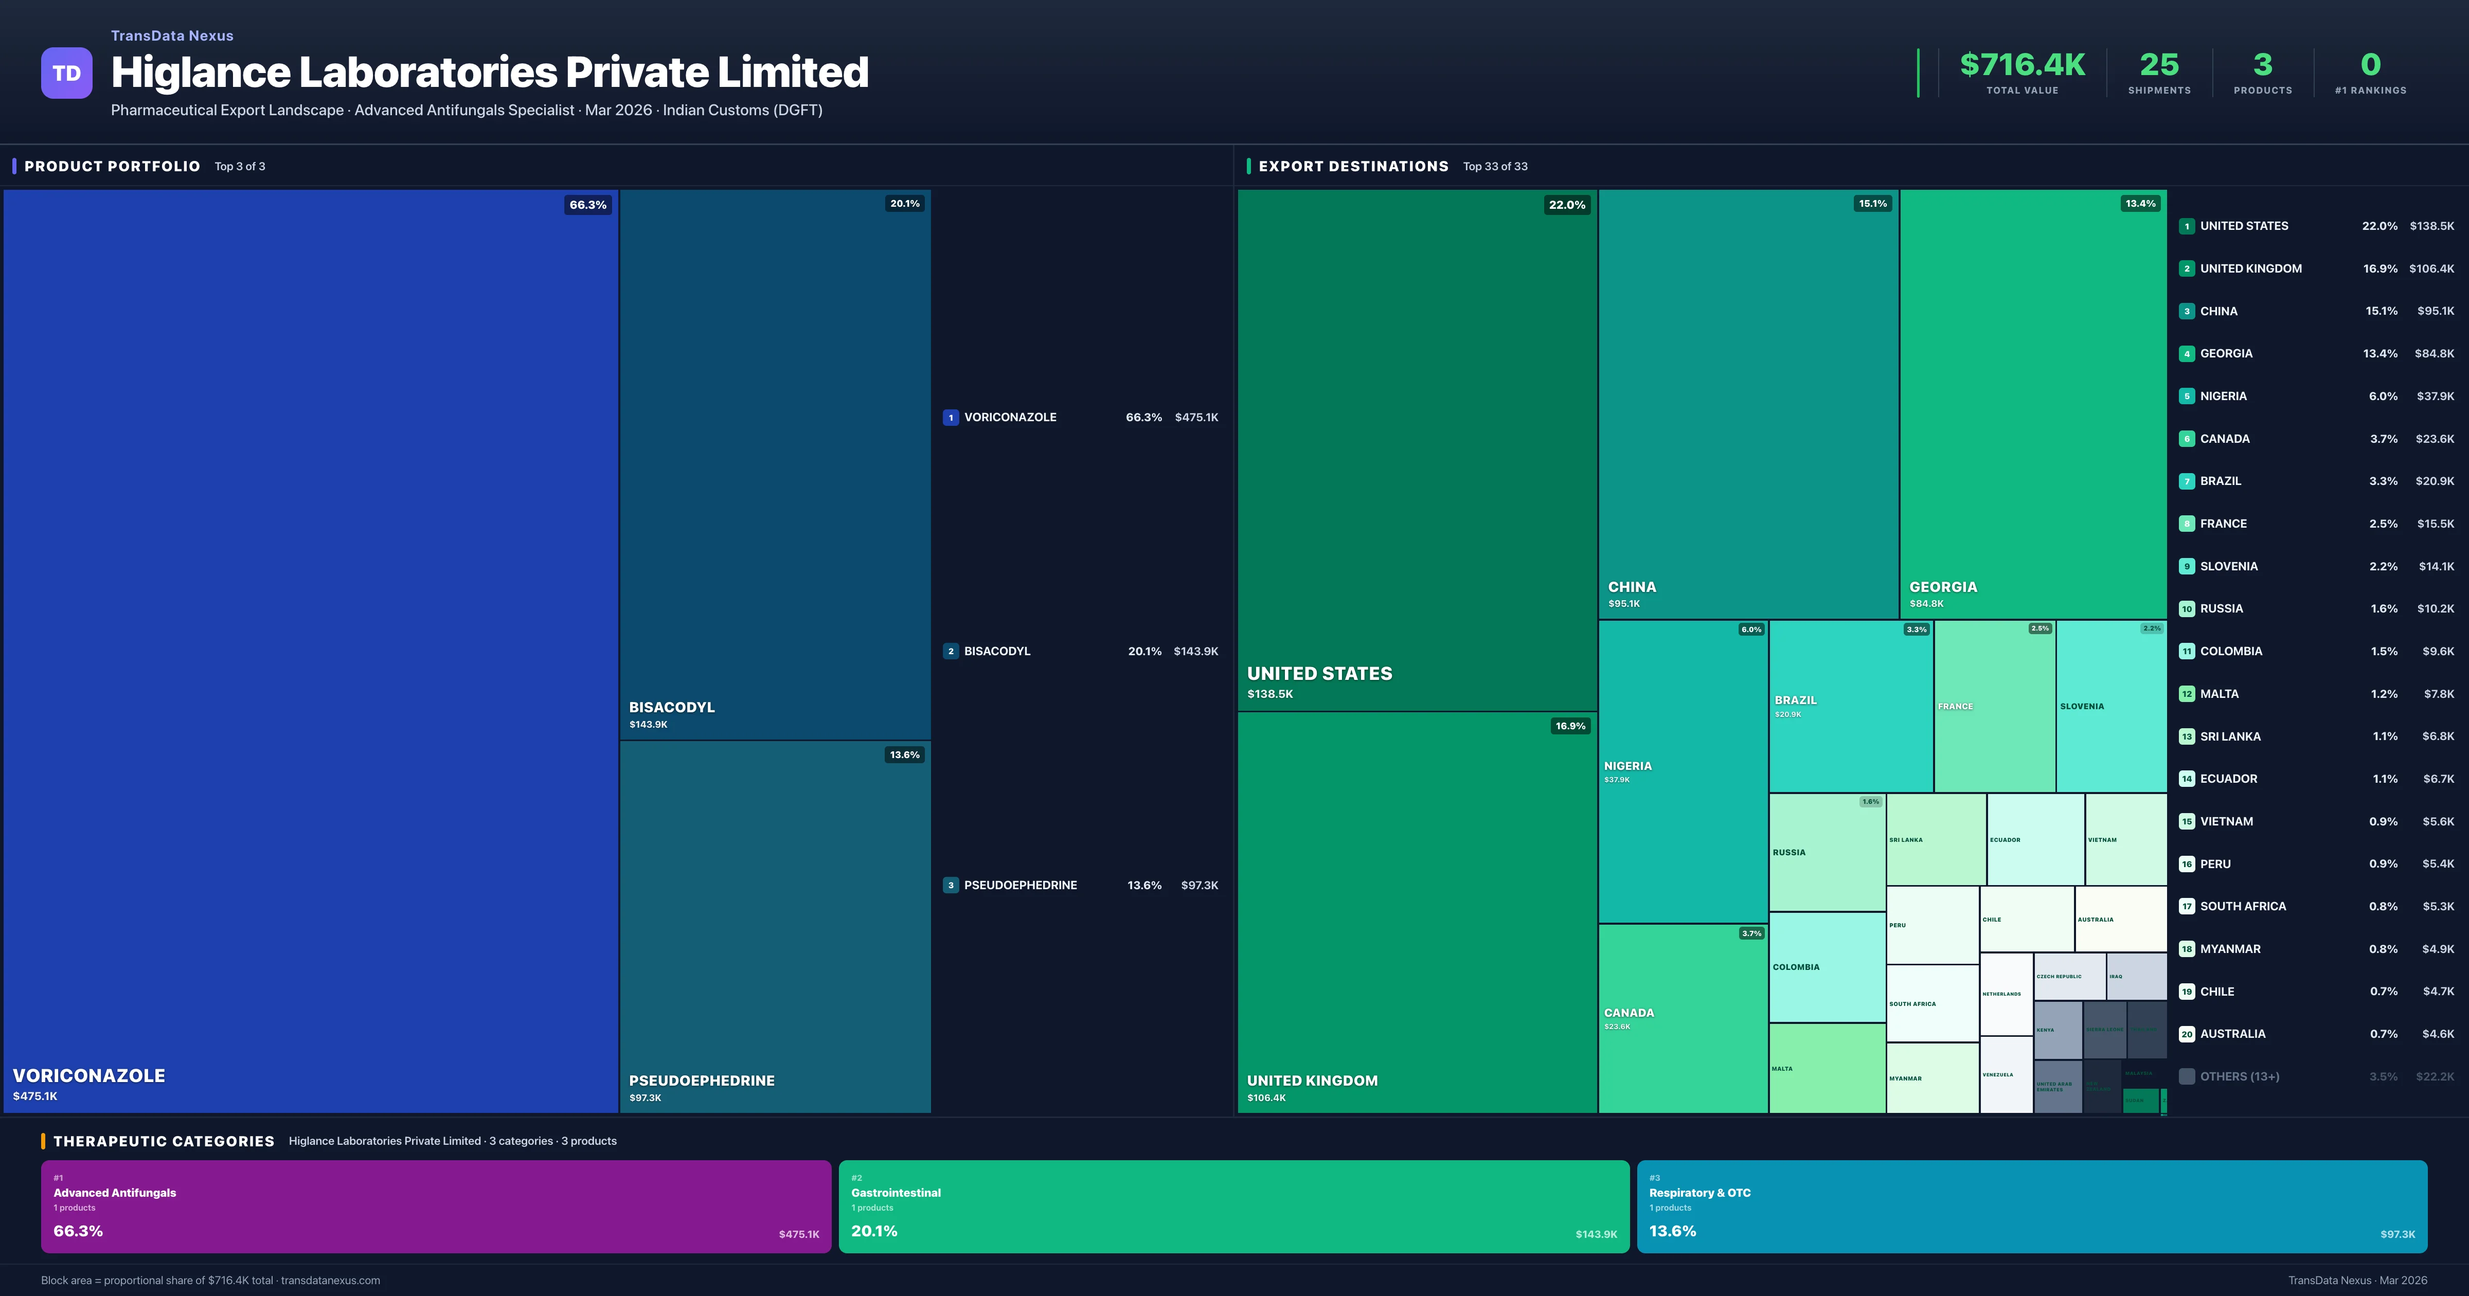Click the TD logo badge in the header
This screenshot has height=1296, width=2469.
(x=66, y=73)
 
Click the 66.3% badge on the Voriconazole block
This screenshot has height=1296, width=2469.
(x=587, y=204)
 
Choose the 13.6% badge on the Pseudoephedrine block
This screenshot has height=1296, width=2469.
(x=904, y=754)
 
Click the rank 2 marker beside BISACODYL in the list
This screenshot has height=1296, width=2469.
(x=950, y=651)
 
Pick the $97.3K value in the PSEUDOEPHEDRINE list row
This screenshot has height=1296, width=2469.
(x=1199, y=885)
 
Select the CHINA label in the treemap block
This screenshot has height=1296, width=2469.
(x=1631, y=587)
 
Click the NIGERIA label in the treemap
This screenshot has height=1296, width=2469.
(x=1627, y=766)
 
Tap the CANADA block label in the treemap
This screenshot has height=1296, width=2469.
(x=1629, y=1012)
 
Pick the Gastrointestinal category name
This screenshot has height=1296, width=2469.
(x=895, y=1193)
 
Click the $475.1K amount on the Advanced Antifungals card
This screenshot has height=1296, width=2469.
(x=798, y=1234)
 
